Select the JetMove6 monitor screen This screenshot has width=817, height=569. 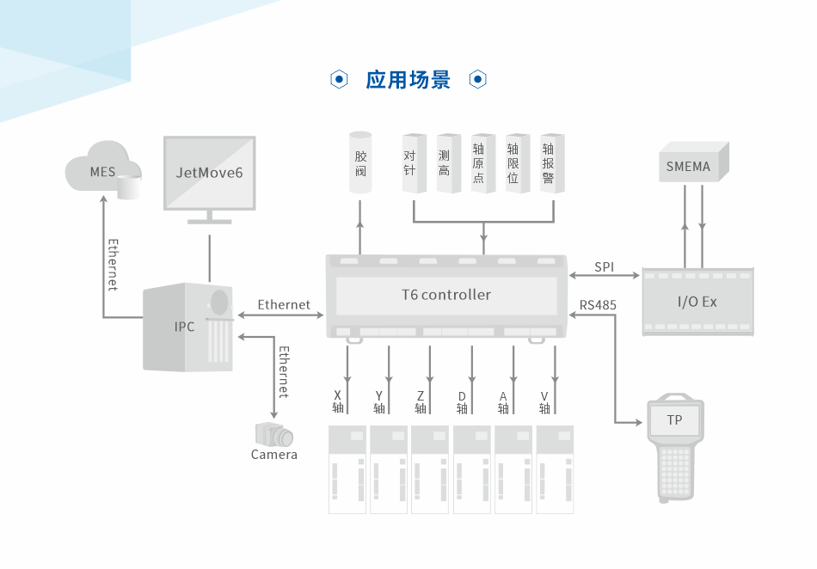coord(209,173)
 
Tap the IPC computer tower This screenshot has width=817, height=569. coord(187,327)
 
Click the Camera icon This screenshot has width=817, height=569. coord(273,433)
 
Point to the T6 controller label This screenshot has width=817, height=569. coord(446,295)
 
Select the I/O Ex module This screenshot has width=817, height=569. coord(697,302)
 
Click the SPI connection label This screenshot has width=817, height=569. coord(605,267)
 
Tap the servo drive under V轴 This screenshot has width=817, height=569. coord(555,469)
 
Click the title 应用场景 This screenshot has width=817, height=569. coord(408,80)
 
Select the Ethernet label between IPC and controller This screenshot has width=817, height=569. coord(284,305)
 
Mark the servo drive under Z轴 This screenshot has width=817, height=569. coord(429,469)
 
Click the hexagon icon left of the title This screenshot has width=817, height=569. coord(340,80)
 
